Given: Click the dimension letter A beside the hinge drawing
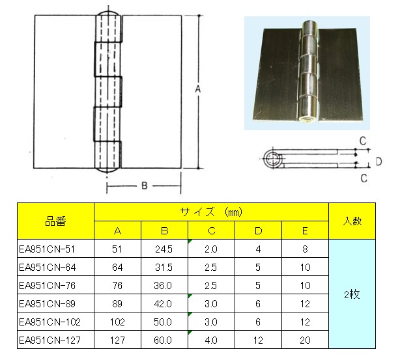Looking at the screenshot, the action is coord(198,89).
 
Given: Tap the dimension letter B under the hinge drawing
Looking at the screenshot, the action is coord(145,186).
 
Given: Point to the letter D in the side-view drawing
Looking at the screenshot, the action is coord(379,161).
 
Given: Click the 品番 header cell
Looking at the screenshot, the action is coord(55,221).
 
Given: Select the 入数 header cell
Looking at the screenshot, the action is coord(352,221).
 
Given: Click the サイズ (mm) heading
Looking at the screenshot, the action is coord(211,212).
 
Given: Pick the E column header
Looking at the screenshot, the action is coord(305,230).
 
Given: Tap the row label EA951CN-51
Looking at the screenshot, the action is coord(47,249).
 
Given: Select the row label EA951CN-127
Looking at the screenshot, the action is coord(50,340).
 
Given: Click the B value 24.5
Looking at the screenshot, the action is coord(164,249).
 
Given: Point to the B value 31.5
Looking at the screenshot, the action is coord(164,268).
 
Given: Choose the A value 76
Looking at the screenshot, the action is coord(117,286).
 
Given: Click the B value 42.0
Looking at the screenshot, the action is coord(164,304).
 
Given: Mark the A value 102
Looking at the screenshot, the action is coord(117,322).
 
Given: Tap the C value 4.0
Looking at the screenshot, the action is coord(211,340).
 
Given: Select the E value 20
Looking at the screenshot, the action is coord(305,340).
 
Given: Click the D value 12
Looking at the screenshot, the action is coord(258,340).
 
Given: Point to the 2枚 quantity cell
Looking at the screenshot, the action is coord(352,294).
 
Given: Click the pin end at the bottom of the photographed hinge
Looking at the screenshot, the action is coord(306,120).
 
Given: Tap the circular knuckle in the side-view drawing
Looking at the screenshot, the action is coord(272,159).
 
